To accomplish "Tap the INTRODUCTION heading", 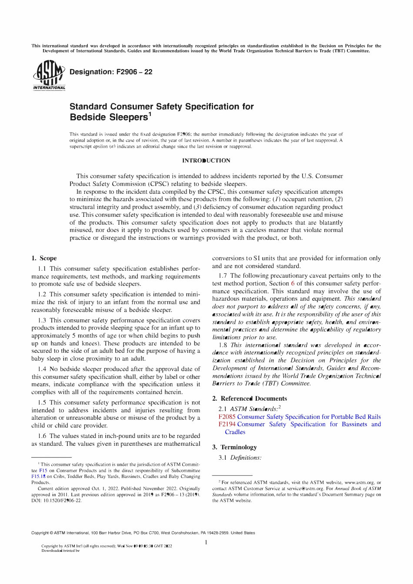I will pos(206,161).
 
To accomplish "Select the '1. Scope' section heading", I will pos(44,259).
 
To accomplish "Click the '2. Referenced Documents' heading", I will pos(249,399).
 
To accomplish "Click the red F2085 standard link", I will pos(226,417).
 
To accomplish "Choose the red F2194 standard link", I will pos(227,425).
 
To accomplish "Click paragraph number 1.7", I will pos(223,276).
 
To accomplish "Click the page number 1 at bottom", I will pos(206,542).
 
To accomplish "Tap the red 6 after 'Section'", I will pos(293,283).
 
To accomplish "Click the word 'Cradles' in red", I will pos(235,432).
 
